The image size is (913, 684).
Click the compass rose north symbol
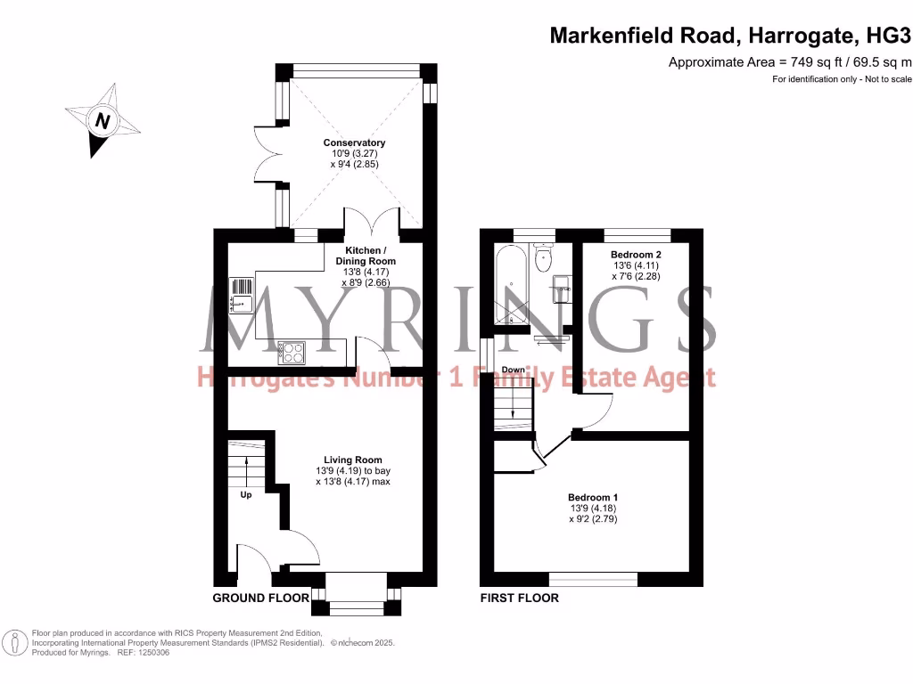103,121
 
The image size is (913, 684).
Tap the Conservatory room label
354,142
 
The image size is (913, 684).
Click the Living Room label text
353,460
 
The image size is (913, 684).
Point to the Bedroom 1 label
593,498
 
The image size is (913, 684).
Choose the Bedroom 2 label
635,255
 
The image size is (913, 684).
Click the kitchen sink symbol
243,296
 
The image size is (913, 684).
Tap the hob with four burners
292,353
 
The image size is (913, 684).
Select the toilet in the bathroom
542,258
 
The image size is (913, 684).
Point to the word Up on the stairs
245,494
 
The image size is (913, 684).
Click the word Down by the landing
513,370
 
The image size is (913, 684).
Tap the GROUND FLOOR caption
260,598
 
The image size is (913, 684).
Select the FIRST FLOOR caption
520,598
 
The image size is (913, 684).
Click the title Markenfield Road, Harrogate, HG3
730,36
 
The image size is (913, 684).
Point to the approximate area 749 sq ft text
789,61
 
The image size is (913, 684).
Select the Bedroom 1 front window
593,579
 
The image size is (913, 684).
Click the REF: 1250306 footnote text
141,653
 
